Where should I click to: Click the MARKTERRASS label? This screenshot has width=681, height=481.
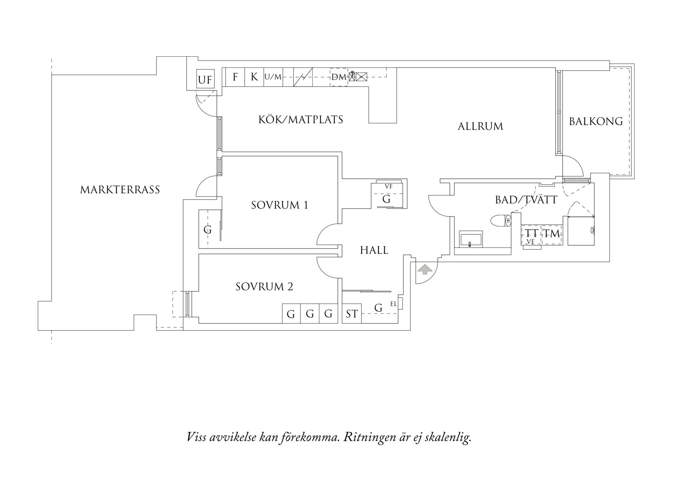coord(120,190)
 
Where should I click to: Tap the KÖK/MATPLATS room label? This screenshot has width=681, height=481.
coord(301,119)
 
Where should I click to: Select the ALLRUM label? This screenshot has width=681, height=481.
coord(480,126)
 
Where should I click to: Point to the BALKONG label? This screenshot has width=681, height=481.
coord(596,121)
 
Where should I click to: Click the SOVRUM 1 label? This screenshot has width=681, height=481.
coord(280,205)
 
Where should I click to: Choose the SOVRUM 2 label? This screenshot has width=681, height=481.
coord(264,287)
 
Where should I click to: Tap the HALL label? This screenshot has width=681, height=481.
coord(374,250)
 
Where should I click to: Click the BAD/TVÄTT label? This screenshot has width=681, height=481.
coord(526,200)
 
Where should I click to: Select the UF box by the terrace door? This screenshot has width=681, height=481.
coord(205,80)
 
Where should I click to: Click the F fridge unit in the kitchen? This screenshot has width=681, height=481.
coord(235,77)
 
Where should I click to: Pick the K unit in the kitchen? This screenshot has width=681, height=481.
coord(254,77)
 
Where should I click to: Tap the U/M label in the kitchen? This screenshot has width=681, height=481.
coord(273,77)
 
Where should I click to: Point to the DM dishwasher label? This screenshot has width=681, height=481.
coord(339,77)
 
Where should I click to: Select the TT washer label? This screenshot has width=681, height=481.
coord(532,234)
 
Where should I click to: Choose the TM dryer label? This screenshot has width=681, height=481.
coord(552,234)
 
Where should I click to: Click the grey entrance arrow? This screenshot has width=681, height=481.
coord(424,269)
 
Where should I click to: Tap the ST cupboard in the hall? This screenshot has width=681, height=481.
coord(352,314)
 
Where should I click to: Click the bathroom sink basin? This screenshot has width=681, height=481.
coord(471,239)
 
